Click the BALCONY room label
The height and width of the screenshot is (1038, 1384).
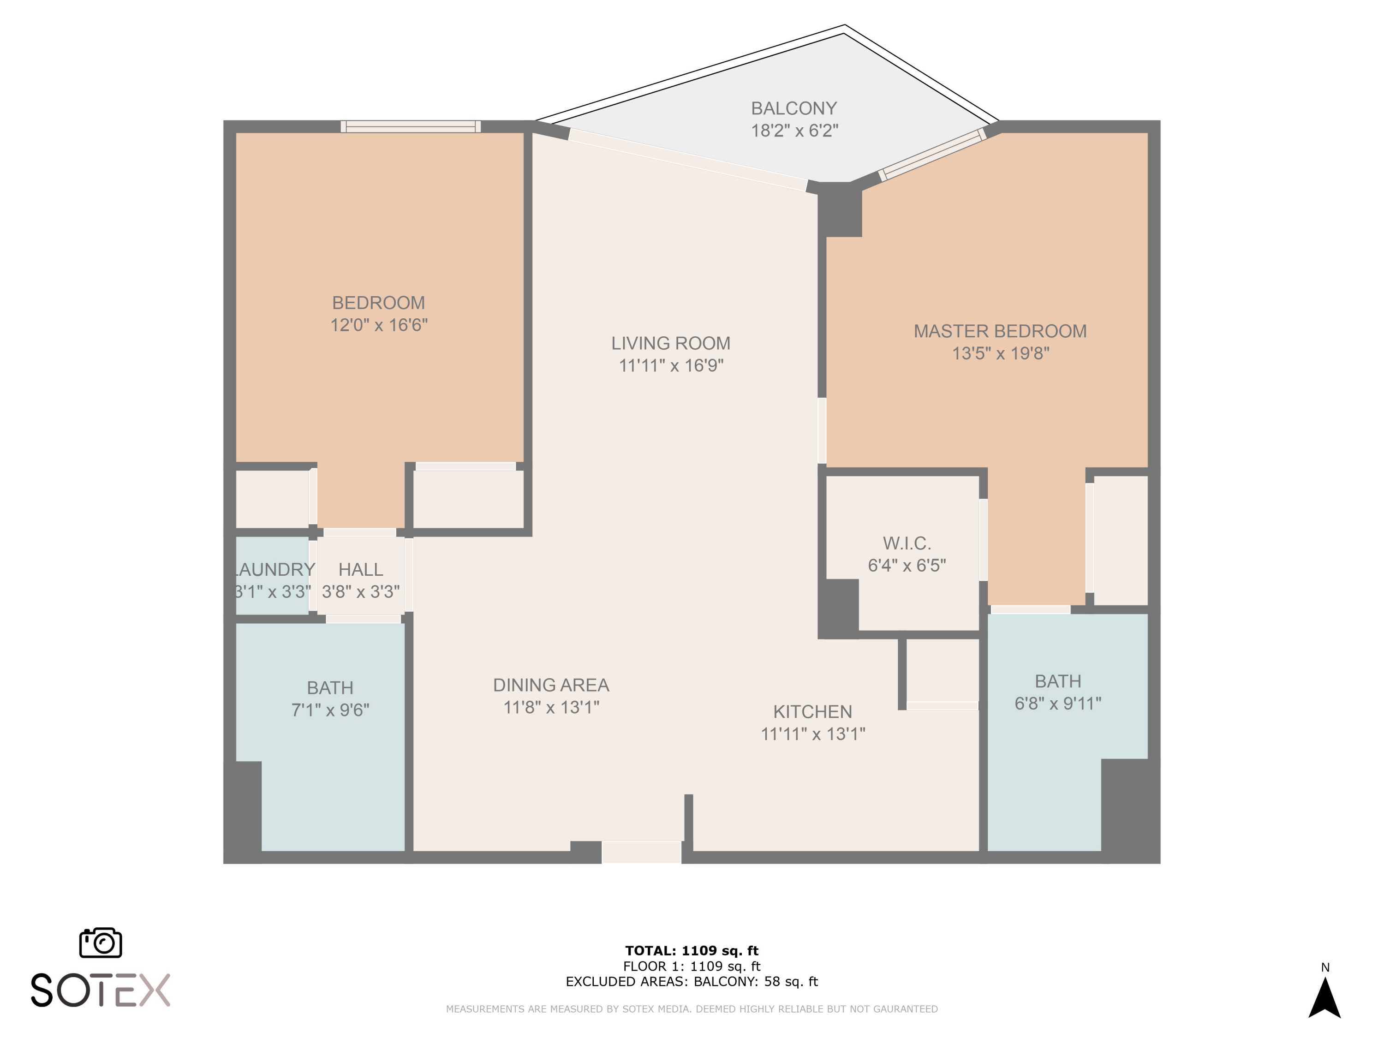pos(793,108)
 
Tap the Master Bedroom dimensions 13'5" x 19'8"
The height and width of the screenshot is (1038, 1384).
pos(1001,353)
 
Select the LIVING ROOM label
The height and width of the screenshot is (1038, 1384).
pos(671,343)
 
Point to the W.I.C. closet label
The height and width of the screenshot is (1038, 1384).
pos(907,543)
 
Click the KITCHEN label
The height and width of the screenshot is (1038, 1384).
pos(812,711)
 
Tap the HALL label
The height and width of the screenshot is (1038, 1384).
pos(360,569)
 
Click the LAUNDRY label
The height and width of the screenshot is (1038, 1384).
pos(274,569)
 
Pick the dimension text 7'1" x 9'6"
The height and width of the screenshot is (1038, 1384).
pos(330,710)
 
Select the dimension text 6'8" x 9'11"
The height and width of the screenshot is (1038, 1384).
pos(1058,703)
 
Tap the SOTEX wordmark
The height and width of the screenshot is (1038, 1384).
pos(100,990)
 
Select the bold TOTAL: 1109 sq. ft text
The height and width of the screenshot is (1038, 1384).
pos(692,951)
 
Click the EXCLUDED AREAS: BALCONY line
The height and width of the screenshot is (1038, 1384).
pos(692,982)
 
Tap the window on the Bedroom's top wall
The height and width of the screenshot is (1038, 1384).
pos(411,126)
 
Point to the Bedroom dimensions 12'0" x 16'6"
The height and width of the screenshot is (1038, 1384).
pos(379,325)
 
